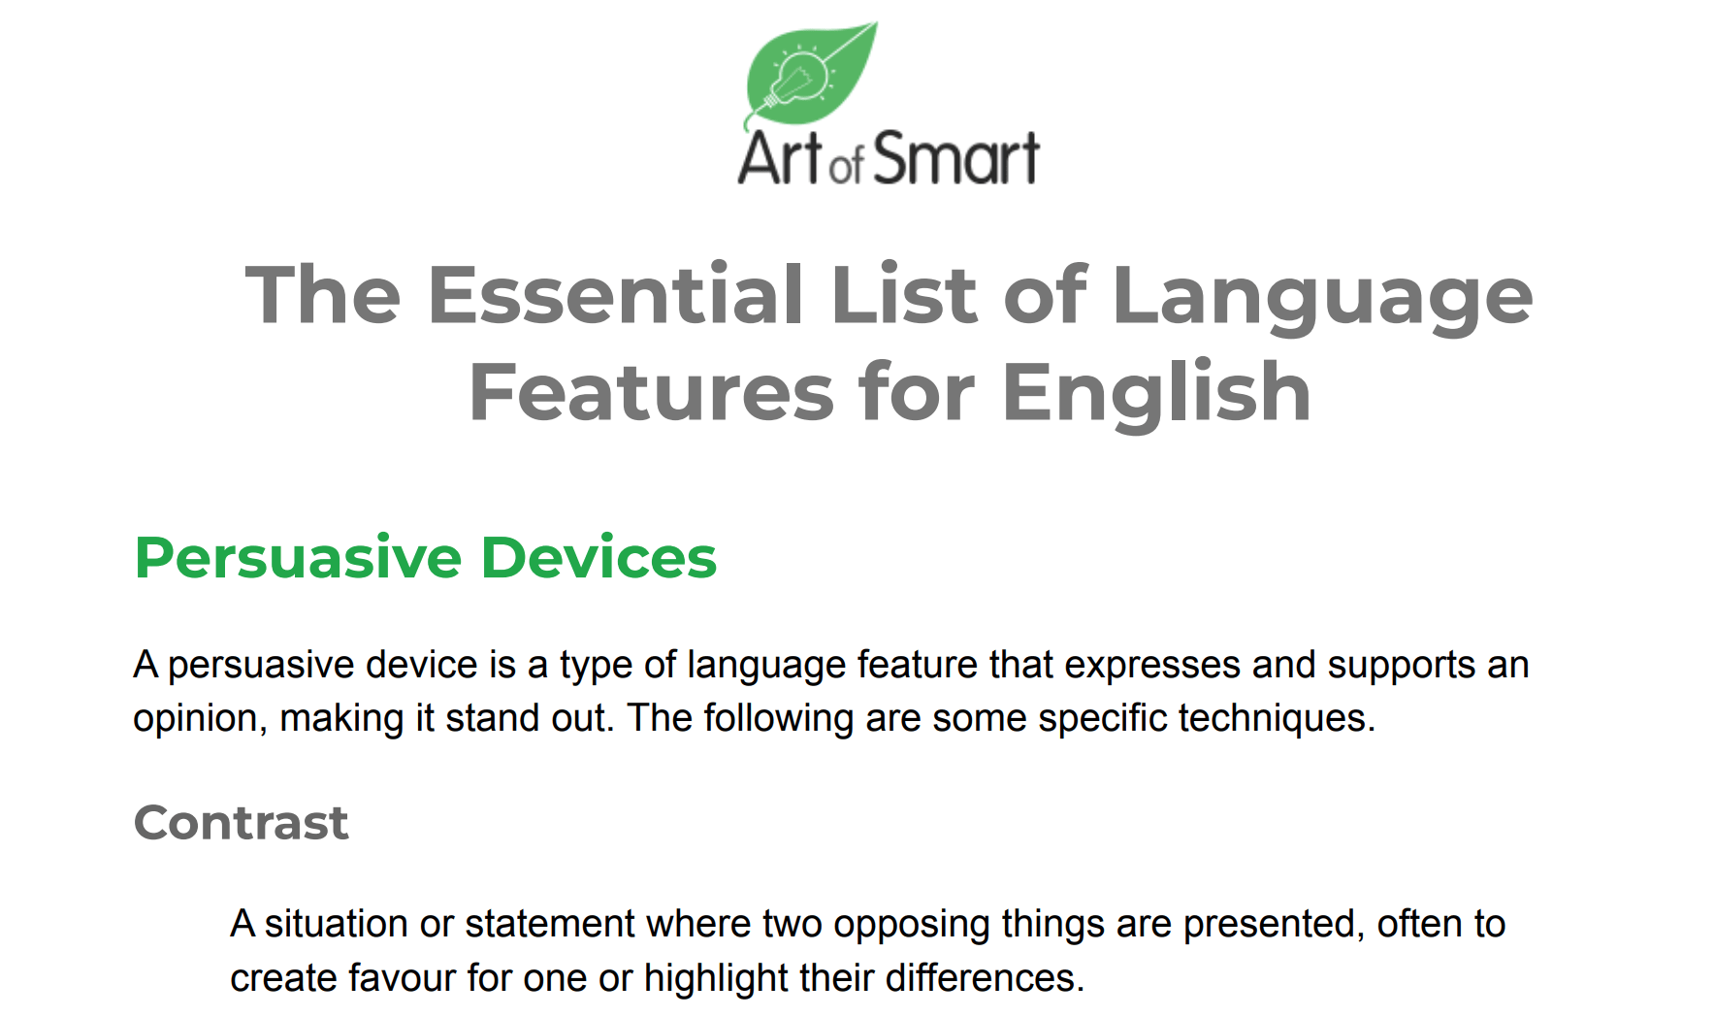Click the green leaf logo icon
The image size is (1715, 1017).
coord(811,76)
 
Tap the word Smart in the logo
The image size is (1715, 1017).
coord(955,157)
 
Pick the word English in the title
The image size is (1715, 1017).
coord(1156,393)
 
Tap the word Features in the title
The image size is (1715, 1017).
coord(651,393)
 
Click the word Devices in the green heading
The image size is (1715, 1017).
coord(599,558)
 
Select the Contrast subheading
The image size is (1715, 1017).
coord(241,823)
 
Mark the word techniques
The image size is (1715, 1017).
coord(1277,719)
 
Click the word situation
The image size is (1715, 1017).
coord(337,924)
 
